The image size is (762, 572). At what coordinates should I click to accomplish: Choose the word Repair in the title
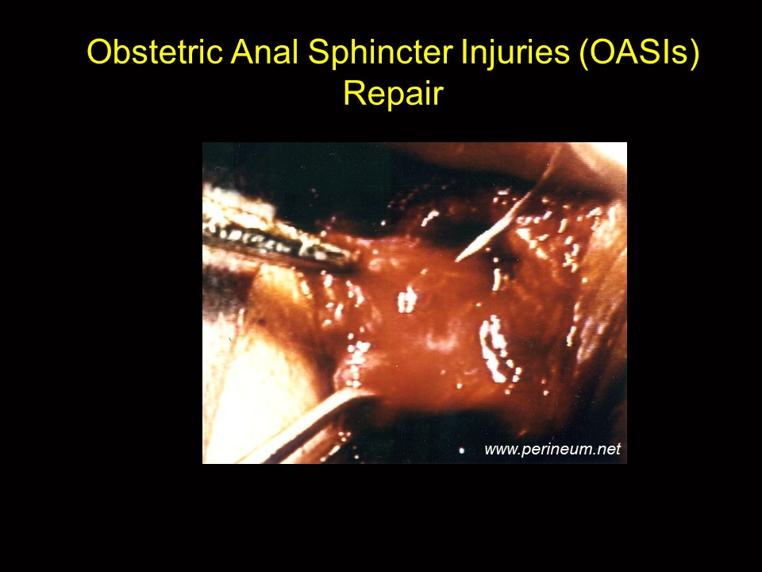[393, 95]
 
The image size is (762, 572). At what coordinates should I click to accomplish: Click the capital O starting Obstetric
[101, 52]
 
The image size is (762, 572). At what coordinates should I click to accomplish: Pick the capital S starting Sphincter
[320, 52]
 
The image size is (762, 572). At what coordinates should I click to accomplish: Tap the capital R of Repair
[355, 92]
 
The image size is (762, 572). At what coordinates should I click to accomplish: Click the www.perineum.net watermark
[552, 450]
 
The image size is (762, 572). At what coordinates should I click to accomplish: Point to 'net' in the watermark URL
[610, 449]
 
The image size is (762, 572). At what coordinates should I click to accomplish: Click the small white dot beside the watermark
[462, 451]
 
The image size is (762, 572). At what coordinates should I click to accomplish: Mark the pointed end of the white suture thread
[456, 261]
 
